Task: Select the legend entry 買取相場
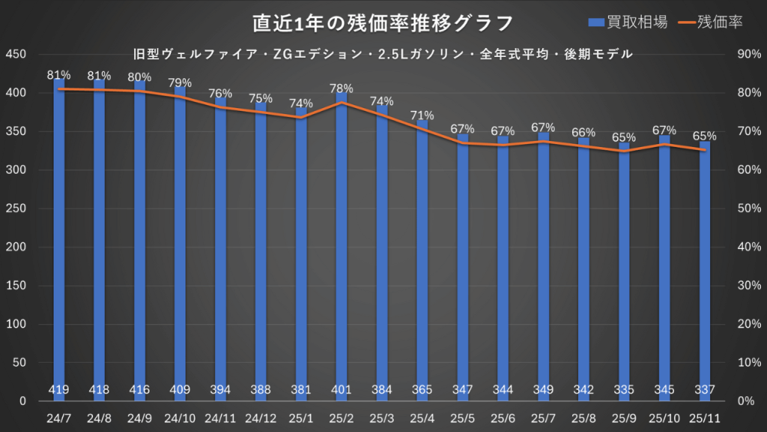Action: click(x=629, y=22)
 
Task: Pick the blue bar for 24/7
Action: click(x=58, y=240)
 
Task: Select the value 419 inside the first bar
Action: click(x=58, y=390)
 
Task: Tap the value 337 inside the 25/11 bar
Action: click(x=705, y=390)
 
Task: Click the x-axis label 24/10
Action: click(x=180, y=417)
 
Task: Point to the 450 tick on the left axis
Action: click(x=16, y=55)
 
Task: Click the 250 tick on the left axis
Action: click(x=16, y=209)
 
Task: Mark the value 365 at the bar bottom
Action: click(x=422, y=390)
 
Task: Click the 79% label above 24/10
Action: click(x=180, y=83)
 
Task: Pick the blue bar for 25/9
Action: click(x=624, y=270)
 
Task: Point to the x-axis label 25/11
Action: click(x=705, y=417)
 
